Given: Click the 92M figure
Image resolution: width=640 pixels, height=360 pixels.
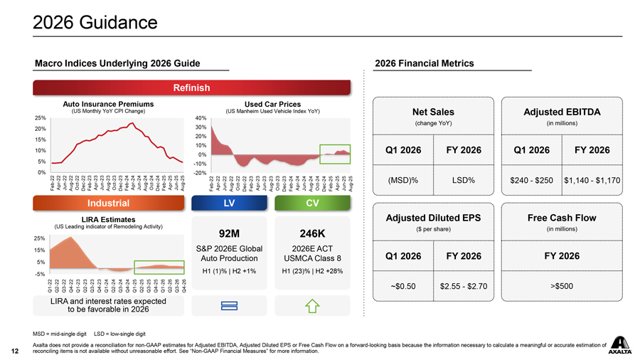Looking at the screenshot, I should click(x=229, y=232).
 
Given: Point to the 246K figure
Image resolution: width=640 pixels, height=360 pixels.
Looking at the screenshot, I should click(x=312, y=232).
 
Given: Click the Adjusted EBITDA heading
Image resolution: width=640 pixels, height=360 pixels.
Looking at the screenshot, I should click(x=562, y=112).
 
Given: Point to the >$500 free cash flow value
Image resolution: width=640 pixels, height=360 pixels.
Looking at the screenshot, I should click(x=562, y=286).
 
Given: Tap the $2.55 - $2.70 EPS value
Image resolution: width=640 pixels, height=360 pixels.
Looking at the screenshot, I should click(x=464, y=286).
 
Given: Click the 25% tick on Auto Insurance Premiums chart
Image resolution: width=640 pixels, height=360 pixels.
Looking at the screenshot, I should click(x=41, y=117).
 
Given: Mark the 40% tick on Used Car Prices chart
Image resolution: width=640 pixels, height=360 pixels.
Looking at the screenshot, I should click(x=201, y=118).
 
